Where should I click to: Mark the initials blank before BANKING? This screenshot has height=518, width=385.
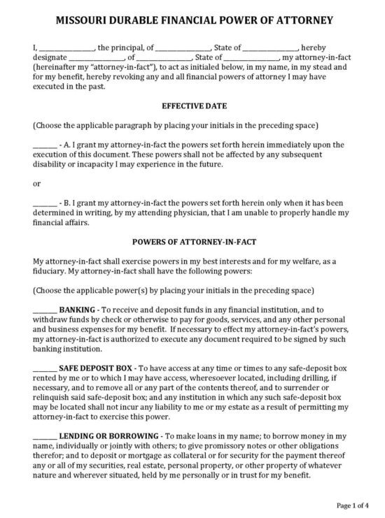tap(44, 308)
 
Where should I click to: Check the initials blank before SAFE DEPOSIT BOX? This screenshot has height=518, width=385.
tap(44, 366)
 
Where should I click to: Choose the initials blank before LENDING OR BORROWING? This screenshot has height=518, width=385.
tap(44, 436)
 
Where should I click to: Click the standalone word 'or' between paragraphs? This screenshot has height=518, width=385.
tap(36, 184)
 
